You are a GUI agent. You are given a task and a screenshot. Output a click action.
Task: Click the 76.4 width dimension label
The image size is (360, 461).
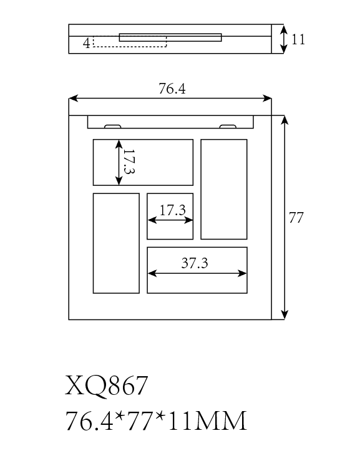[172, 89]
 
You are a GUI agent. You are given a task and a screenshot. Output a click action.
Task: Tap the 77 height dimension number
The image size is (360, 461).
[296, 218]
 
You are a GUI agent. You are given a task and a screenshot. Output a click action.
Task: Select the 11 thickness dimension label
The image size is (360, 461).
[298, 39]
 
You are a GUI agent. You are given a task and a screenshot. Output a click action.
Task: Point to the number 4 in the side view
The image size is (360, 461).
[87, 43]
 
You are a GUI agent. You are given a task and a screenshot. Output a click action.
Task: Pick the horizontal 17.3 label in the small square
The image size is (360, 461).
[173, 210]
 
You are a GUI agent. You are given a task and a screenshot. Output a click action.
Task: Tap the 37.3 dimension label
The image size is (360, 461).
[195, 263]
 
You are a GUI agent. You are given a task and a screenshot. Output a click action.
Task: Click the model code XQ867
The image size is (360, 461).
[106, 386]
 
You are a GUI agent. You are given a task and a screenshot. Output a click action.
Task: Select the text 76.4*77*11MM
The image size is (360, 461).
[155, 421]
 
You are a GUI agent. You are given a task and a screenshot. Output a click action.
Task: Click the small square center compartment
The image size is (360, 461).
[170, 216]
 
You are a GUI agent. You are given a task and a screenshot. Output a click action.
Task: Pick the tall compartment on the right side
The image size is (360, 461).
[224, 190]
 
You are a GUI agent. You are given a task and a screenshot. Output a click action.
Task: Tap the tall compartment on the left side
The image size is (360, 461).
[116, 243]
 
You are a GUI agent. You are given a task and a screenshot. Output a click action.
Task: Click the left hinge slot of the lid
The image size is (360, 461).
[113, 127]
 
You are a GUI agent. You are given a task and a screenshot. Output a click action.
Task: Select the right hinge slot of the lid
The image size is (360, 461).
[228, 127]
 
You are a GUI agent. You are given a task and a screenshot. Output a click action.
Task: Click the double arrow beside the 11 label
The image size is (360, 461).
[283, 39]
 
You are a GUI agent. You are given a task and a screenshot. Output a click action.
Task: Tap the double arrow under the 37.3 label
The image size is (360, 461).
[197, 274]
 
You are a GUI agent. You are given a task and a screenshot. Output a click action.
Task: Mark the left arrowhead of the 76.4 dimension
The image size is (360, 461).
[74, 98]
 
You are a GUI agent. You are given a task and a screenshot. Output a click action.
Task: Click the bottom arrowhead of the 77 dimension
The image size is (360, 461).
[285, 314]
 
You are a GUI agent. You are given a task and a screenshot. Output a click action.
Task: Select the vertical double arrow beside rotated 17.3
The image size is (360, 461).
[119, 162]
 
